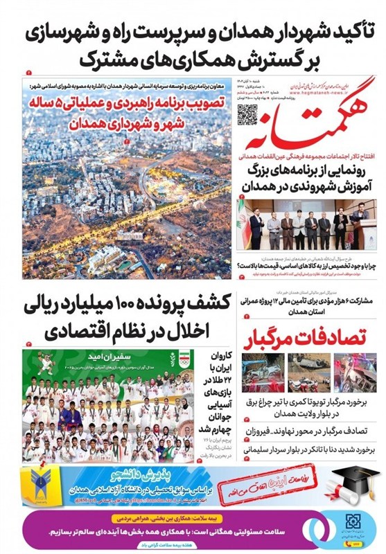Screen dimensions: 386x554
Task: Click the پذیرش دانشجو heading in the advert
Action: click(186, 475)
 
